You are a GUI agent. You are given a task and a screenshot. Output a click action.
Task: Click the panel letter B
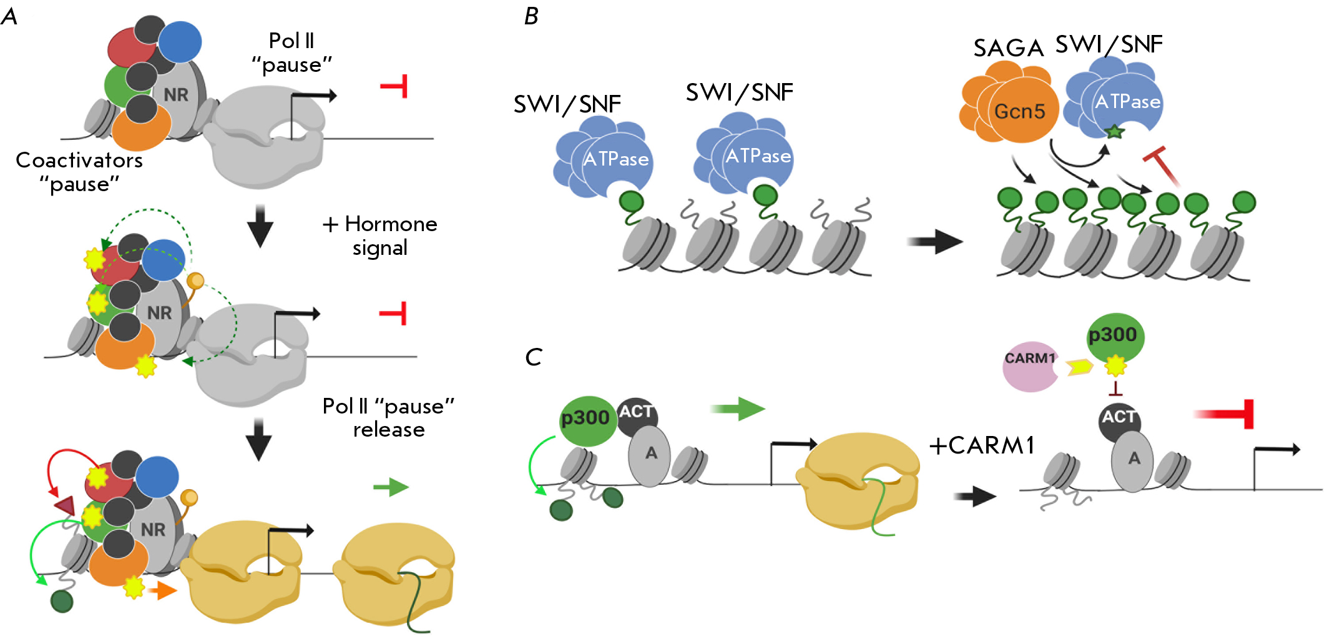click(531, 16)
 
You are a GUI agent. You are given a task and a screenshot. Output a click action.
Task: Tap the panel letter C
click(534, 357)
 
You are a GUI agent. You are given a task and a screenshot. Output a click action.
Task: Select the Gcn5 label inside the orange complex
click(1019, 111)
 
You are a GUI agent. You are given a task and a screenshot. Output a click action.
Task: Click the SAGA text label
click(1009, 48)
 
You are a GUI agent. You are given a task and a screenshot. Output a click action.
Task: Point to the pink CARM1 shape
click(1029, 367)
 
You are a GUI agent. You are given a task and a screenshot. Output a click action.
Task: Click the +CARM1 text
click(982, 445)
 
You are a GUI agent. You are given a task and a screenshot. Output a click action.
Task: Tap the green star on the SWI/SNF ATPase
click(1114, 131)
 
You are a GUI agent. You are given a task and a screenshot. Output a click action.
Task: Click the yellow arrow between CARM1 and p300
click(1080, 367)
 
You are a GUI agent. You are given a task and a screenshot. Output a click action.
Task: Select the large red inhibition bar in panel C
click(1224, 414)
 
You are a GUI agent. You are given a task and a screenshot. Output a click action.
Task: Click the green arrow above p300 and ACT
click(737, 409)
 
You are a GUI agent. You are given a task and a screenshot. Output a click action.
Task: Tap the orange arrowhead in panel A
click(165, 590)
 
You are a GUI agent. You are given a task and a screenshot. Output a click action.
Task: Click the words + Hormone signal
click(379, 235)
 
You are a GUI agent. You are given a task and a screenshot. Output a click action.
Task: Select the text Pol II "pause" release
click(388, 417)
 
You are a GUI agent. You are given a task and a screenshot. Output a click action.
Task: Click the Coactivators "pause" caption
click(79, 172)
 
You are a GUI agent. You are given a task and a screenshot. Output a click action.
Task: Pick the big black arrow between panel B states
click(935, 241)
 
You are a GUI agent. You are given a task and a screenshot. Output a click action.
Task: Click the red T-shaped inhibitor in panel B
click(1162, 166)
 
